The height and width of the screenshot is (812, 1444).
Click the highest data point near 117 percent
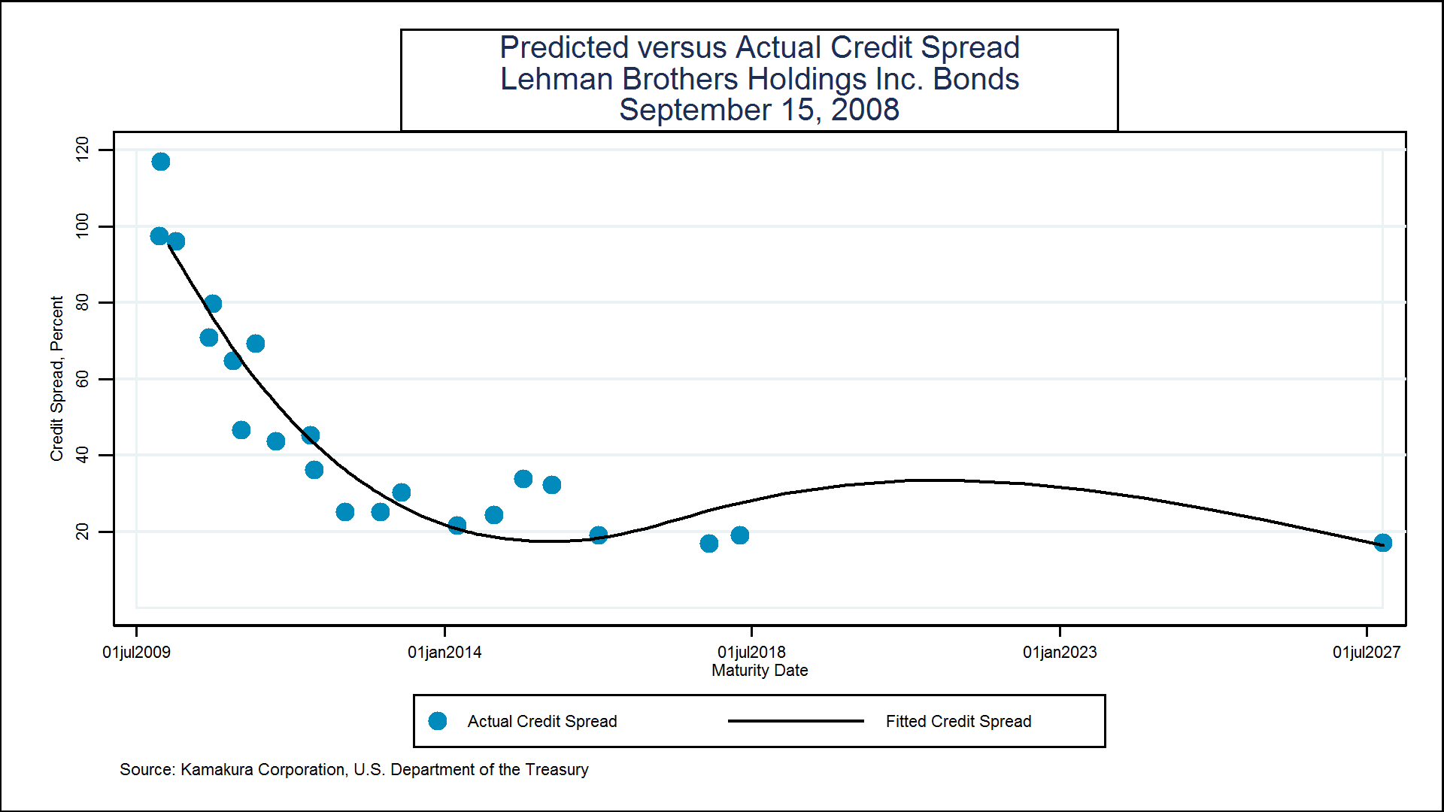[x=161, y=162]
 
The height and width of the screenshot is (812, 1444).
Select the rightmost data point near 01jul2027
[x=1382, y=543]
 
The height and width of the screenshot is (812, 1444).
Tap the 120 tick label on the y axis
[x=82, y=148]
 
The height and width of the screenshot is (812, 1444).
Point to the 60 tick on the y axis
[x=82, y=379]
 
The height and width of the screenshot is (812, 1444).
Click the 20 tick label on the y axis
[x=82, y=532]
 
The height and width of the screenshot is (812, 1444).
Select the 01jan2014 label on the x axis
[x=444, y=652]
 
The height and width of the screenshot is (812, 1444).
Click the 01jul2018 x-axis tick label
[x=751, y=652]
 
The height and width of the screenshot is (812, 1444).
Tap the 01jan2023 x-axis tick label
[x=1060, y=652]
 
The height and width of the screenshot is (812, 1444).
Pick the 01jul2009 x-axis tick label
[x=136, y=652]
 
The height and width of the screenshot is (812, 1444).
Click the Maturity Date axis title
[x=760, y=670]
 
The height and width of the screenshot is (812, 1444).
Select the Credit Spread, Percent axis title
[x=56, y=378]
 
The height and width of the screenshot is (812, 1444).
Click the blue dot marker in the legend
[x=438, y=721]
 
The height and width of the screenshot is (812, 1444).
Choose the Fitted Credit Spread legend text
[x=958, y=721]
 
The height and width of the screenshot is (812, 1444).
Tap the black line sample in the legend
[x=796, y=721]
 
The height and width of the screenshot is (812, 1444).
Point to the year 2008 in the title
[x=865, y=110]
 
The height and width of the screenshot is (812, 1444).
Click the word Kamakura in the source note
[x=217, y=769]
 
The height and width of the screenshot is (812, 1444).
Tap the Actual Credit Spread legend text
[x=541, y=721]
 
